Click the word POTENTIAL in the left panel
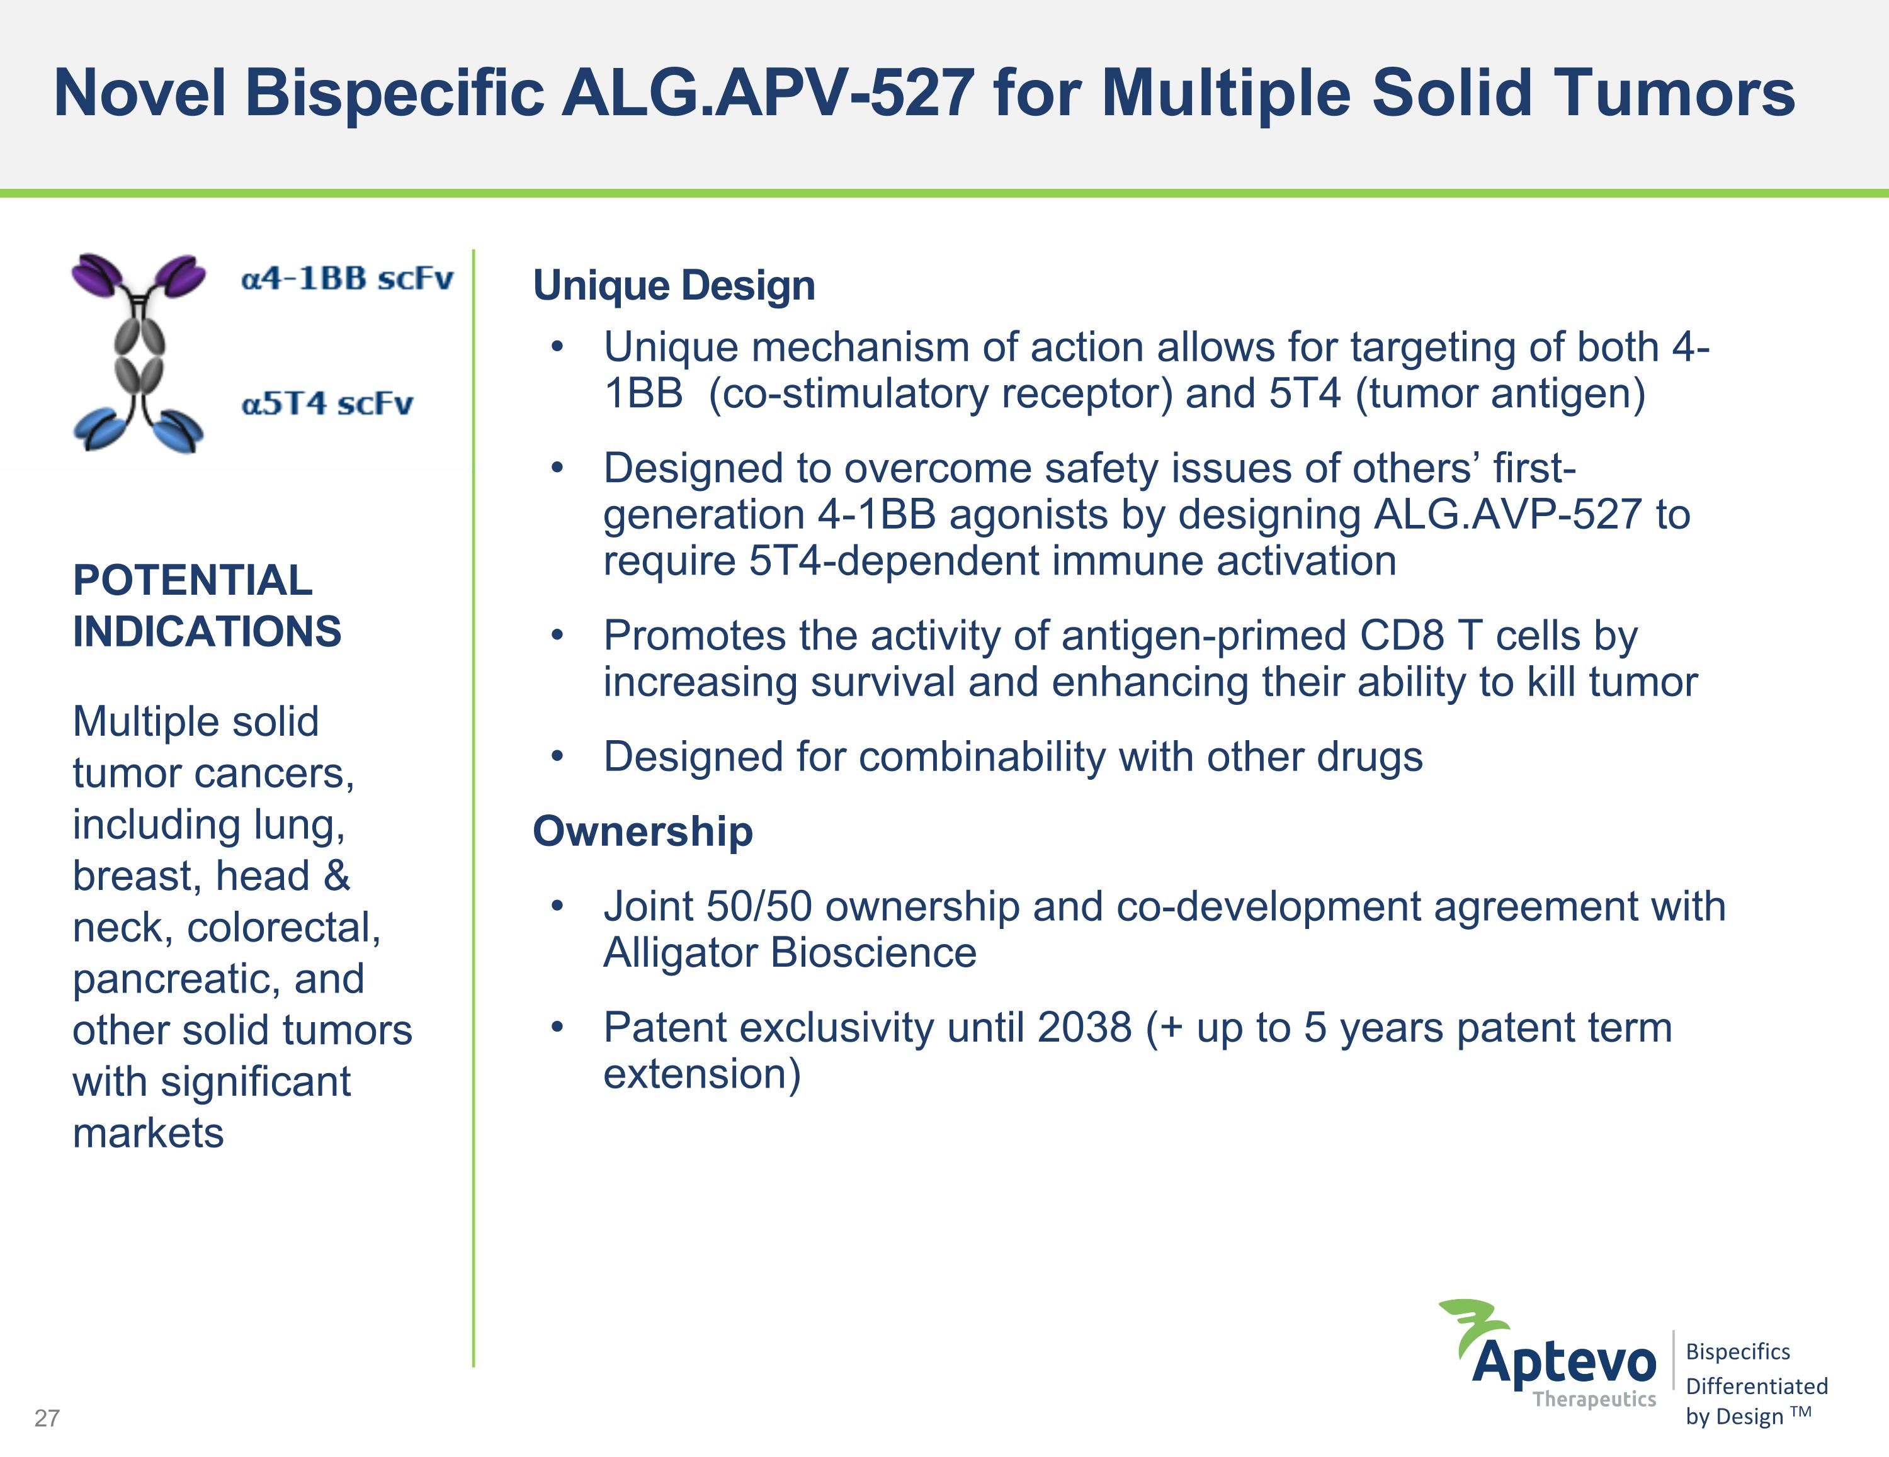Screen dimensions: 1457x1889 192,580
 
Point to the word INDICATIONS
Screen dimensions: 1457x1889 207,631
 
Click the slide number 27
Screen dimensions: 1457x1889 47,1418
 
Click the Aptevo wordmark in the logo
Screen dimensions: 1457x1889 1564,1363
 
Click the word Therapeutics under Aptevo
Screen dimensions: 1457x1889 1594,1399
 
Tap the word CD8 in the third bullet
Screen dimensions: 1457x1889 1401,636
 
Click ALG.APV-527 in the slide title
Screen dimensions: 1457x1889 767,93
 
